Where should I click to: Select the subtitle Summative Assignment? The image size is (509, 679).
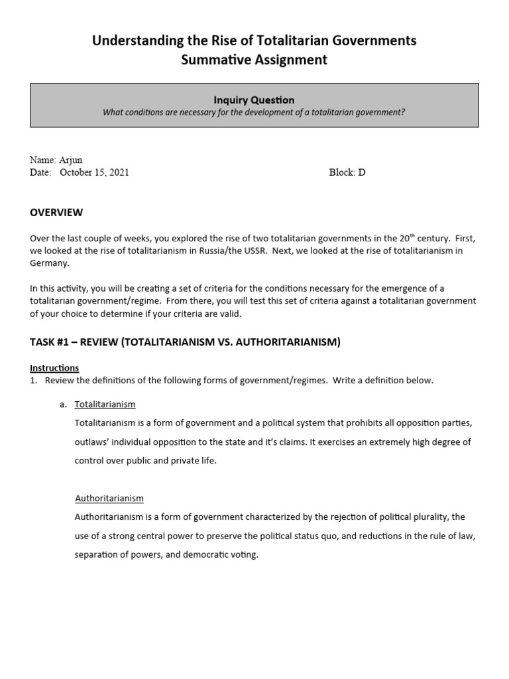254,60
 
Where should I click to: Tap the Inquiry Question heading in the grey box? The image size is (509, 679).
254,100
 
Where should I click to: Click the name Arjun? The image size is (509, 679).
71,160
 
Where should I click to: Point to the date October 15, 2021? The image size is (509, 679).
94,172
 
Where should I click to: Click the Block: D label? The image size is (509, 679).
347,172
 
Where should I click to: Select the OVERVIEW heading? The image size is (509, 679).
56,213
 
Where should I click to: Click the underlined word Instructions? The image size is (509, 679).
54,367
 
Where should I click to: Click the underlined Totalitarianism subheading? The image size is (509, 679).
105,404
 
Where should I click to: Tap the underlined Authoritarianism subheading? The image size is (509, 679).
109,498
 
